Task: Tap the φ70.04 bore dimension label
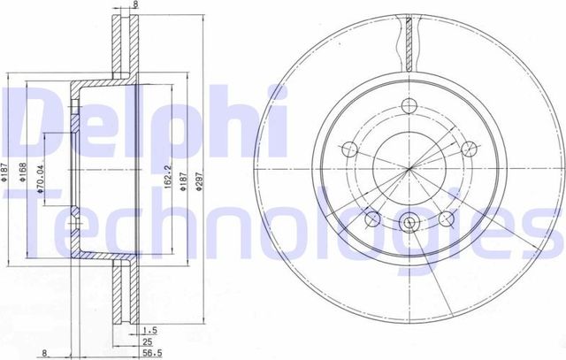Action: click(41, 180)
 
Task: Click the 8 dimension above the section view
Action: click(135, 5)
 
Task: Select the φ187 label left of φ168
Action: click(6, 178)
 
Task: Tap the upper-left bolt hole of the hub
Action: click(349, 148)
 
